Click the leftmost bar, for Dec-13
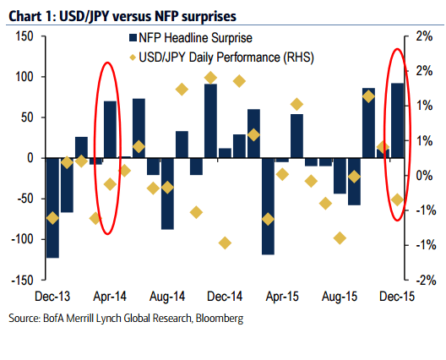click(x=52, y=207)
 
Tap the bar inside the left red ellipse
click(x=110, y=129)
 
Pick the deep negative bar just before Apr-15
click(x=269, y=205)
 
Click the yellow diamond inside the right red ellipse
click(x=397, y=199)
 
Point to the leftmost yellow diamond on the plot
click(x=52, y=218)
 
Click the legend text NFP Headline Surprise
click(x=193, y=37)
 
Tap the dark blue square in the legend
click(x=133, y=37)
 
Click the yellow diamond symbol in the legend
click(x=133, y=57)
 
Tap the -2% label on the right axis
click(x=424, y=280)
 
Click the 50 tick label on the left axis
click(x=25, y=117)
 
